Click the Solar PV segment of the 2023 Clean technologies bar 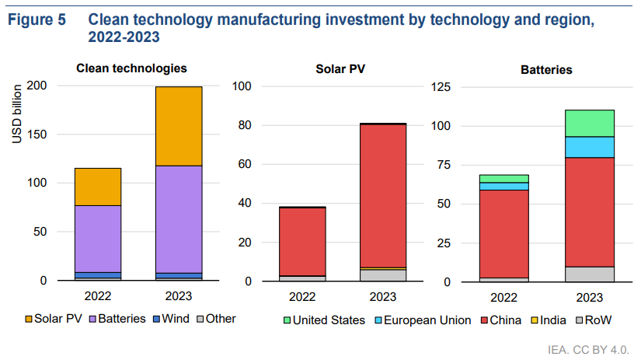[178, 125]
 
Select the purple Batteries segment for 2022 [98, 238]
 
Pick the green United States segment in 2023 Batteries [590, 123]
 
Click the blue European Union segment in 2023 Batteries [590, 147]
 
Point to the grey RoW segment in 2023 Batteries [590, 274]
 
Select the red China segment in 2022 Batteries [504, 233]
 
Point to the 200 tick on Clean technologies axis [37, 86]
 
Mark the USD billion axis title [17, 113]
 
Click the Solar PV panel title [340, 68]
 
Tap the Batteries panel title [546, 69]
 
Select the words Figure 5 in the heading [37, 20]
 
